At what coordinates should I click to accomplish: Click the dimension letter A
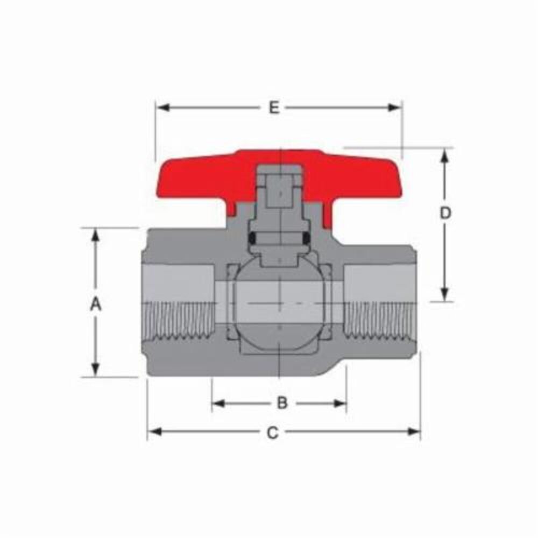[95, 305]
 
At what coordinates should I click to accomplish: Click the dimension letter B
[282, 402]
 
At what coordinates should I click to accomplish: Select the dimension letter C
[273, 433]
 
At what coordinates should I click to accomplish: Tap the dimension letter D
[445, 213]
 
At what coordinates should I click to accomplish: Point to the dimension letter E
[274, 108]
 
